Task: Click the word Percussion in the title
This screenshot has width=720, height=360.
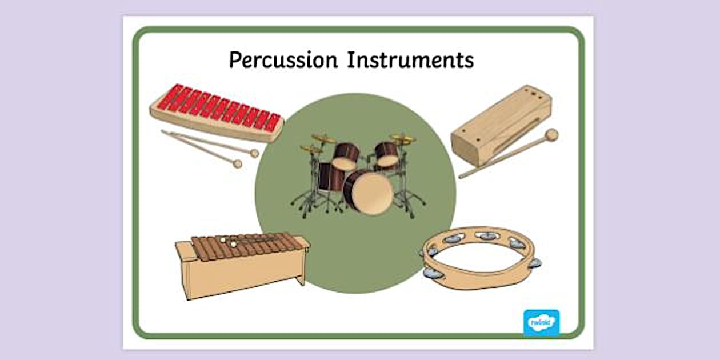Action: tap(282, 59)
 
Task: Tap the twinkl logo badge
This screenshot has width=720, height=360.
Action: tap(541, 322)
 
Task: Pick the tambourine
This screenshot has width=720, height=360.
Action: tap(480, 257)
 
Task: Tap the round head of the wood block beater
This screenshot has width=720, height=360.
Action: tap(551, 135)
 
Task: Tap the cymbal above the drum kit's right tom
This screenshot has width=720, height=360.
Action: tap(403, 139)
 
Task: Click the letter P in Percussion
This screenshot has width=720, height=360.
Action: tap(235, 59)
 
